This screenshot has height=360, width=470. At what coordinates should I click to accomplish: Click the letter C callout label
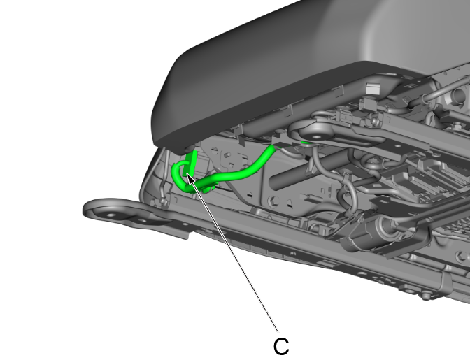click(280, 345)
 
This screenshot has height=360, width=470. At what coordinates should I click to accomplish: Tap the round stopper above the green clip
click(190, 148)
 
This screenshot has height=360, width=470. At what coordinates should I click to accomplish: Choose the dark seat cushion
click(294, 63)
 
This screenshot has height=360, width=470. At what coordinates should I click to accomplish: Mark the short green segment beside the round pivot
click(305, 143)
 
